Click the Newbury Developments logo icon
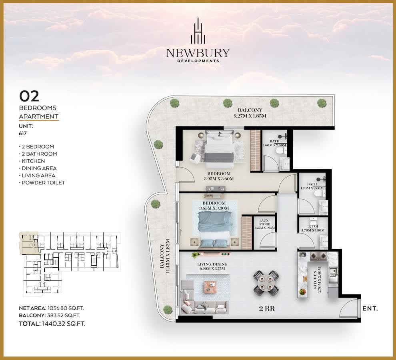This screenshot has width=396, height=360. [x=198, y=31]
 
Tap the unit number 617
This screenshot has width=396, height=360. [x=23, y=133]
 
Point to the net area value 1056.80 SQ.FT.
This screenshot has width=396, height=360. [x=66, y=308]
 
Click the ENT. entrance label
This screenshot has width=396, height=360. [x=370, y=308]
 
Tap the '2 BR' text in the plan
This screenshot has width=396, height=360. [x=267, y=309]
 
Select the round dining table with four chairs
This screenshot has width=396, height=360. [x=266, y=283]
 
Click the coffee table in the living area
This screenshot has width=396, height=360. [x=210, y=287]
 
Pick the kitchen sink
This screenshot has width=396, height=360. [x=333, y=271]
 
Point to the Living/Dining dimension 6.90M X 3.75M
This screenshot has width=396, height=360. [x=212, y=268]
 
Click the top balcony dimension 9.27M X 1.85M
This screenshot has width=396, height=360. [x=250, y=116]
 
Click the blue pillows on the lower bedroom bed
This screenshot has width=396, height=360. [x=214, y=244]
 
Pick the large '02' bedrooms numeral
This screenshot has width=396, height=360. [x=29, y=96]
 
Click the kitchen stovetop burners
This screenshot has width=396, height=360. [x=318, y=256]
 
